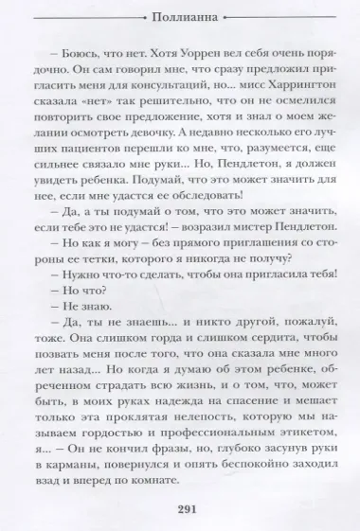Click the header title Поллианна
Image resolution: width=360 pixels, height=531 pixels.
(181, 19)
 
